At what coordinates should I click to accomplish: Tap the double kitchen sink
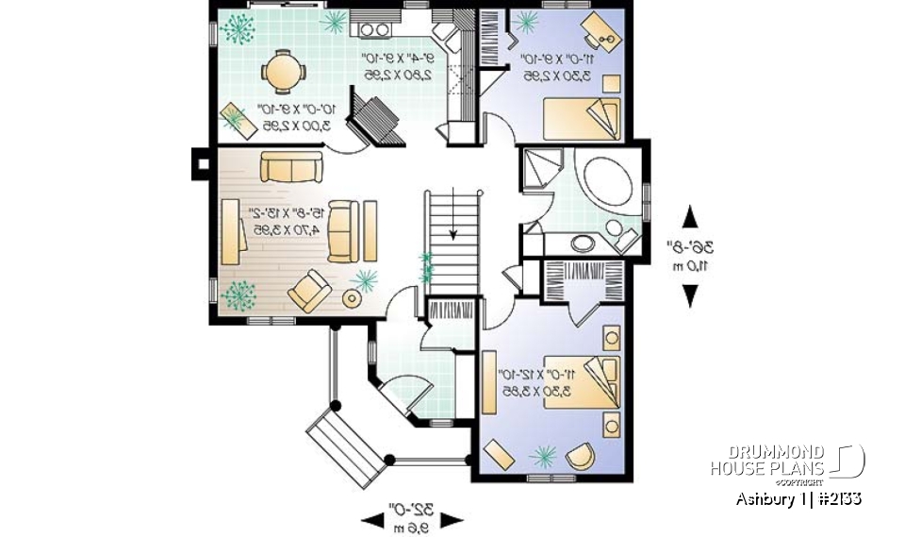click(370, 29)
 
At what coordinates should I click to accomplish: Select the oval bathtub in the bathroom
click(608, 180)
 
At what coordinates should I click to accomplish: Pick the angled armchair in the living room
click(309, 290)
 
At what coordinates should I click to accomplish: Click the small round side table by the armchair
click(352, 299)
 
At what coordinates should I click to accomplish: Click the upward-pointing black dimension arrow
click(690, 217)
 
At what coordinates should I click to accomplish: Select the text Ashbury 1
click(765, 498)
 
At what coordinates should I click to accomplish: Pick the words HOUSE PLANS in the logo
click(767, 468)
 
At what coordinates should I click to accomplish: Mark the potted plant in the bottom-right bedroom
click(543, 457)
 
